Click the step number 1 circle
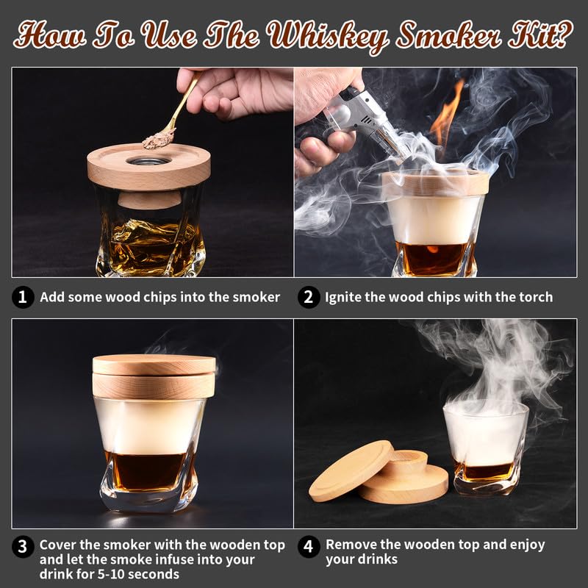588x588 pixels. pyautogui.click(x=24, y=297)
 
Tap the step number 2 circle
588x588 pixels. pyautogui.click(x=309, y=297)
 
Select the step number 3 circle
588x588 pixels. pyautogui.click(x=24, y=546)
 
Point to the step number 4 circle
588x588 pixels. pyautogui.click(x=309, y=546)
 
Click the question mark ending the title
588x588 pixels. pyautogui.click(x=562, y=33)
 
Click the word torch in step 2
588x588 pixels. pyautogui.click(x=535, y=297)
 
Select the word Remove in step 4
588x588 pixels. pyautogui.click(x=351, y=545)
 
